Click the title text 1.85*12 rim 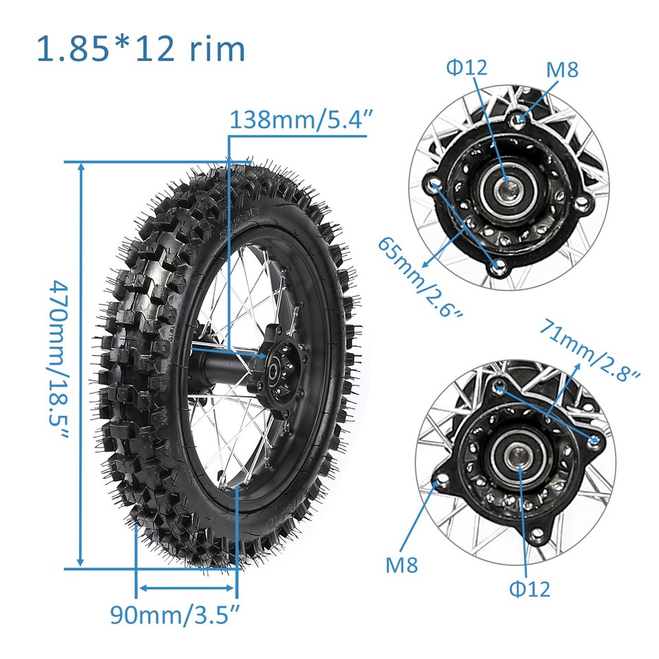[141, 49]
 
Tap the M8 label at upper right [562, 69]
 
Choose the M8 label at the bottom [401, 565]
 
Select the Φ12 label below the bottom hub [529, 588]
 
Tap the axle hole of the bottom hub [520, 454]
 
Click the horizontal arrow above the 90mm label [186, 588]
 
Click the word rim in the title [216, 49]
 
